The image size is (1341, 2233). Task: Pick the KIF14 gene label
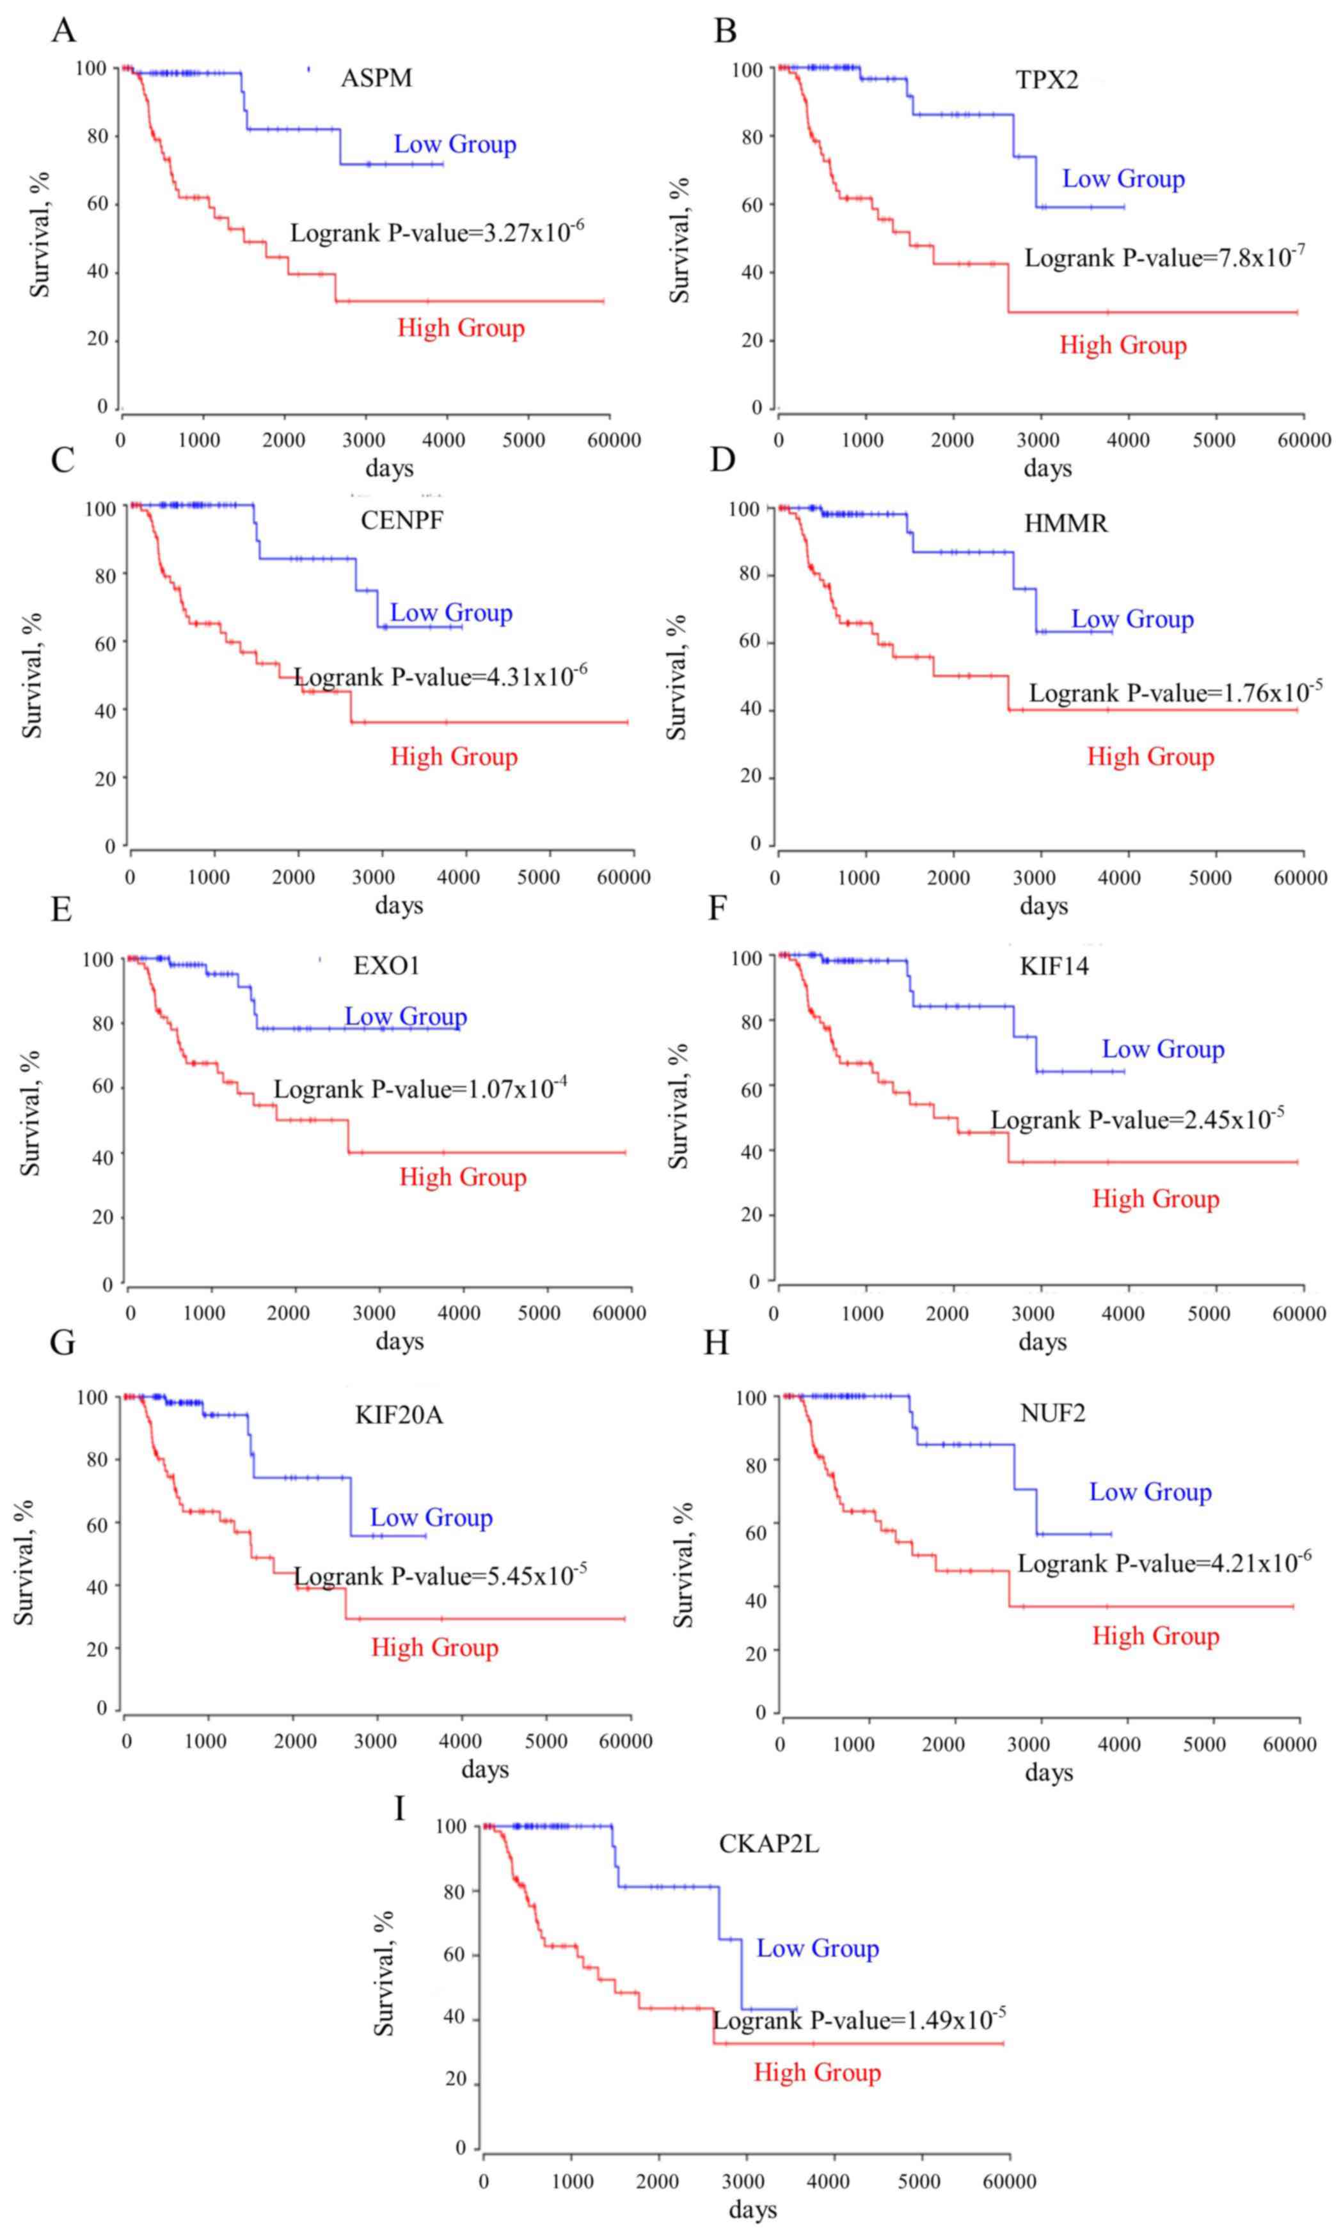(1054, 966)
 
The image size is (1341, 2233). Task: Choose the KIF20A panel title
(399, 1414)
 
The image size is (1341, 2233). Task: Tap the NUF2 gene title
(1052, 1413)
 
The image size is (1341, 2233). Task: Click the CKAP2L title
(768, 1843)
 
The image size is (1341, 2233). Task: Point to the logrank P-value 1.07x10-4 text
(420, 1089)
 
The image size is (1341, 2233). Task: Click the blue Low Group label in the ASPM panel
(454, 145)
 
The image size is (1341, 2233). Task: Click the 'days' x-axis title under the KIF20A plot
(484, 1768)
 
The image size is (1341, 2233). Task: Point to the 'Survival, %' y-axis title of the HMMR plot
(677, 677)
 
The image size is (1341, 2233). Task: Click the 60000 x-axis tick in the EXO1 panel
(619, 1312)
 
